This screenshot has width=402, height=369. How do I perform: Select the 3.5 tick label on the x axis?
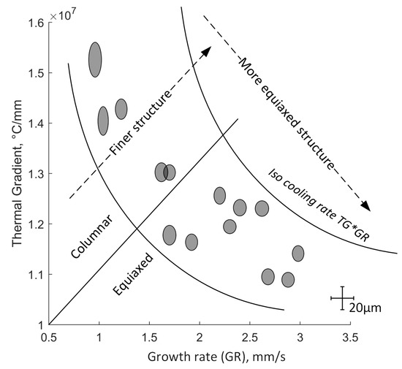(350, 338)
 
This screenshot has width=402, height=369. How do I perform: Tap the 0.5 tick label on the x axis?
(49, 338)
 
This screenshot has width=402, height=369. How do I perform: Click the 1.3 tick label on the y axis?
(34, 174)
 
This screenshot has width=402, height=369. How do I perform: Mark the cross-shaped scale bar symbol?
(342, 298)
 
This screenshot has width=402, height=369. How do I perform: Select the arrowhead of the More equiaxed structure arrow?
(366, 206)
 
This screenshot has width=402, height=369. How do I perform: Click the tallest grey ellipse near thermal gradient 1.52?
(95, 59)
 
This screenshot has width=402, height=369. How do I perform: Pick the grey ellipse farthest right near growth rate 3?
(298, 254)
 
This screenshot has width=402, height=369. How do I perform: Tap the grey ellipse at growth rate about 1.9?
(191, 242)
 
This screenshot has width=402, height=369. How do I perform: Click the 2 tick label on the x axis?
(200, 338)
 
